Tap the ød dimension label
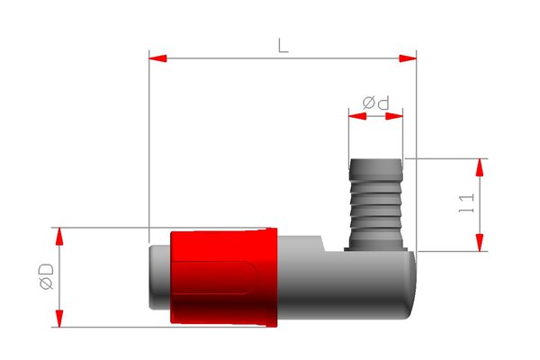pyautogui.click(x=377, y=103)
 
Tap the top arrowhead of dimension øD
pyautogui.click(x=60, y=237)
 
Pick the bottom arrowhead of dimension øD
pyautogui.click(x=60, y=318)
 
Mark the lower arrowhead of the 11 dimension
pyautogui.click(x=480, y=242)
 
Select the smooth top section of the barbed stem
pyautogui.click(x=376, y=167)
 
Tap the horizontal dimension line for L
pyautogui.click(x=225, y=58)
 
